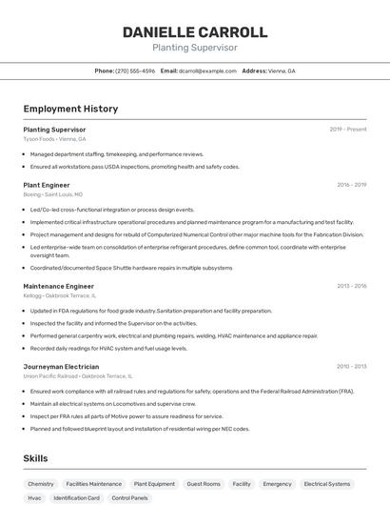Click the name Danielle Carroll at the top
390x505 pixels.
[x=195, y=31]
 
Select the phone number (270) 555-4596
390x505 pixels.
[x=134, y=71]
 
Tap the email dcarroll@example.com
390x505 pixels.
[x=207, y=71]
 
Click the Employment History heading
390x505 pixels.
[x=70, y=109]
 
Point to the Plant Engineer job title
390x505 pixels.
[x=47, y=185]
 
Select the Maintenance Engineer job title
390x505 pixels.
[x=58, y=286]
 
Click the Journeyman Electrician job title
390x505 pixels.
[x=61, y=366]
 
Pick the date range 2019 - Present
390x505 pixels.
[x=347, y=130]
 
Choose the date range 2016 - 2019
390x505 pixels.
[x=351, y=185]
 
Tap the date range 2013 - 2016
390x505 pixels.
[x=351, y=286]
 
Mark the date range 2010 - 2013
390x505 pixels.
[x=351, y=366]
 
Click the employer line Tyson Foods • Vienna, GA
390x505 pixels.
[x=54, y=138]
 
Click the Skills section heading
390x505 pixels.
[x=35, y=458]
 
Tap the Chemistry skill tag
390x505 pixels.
[x=41, y=484]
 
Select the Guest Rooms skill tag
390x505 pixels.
[x=204, y=484]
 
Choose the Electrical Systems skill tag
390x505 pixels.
[x=326, y=484]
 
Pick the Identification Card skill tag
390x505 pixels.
[x=77, y=497]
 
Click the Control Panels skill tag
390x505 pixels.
[x=130, y=497]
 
